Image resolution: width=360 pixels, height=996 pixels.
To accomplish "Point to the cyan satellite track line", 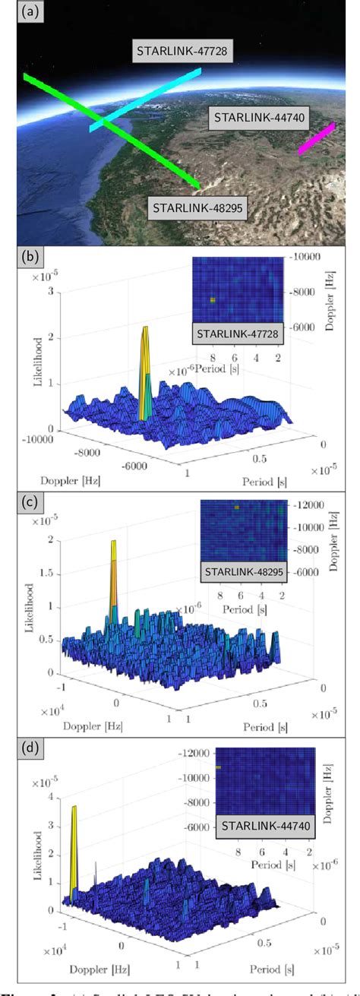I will click(144, 99).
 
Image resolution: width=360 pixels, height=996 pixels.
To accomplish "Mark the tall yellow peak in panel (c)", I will click(113, 577).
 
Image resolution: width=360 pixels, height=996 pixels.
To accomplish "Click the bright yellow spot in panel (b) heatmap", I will click(213, 300).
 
